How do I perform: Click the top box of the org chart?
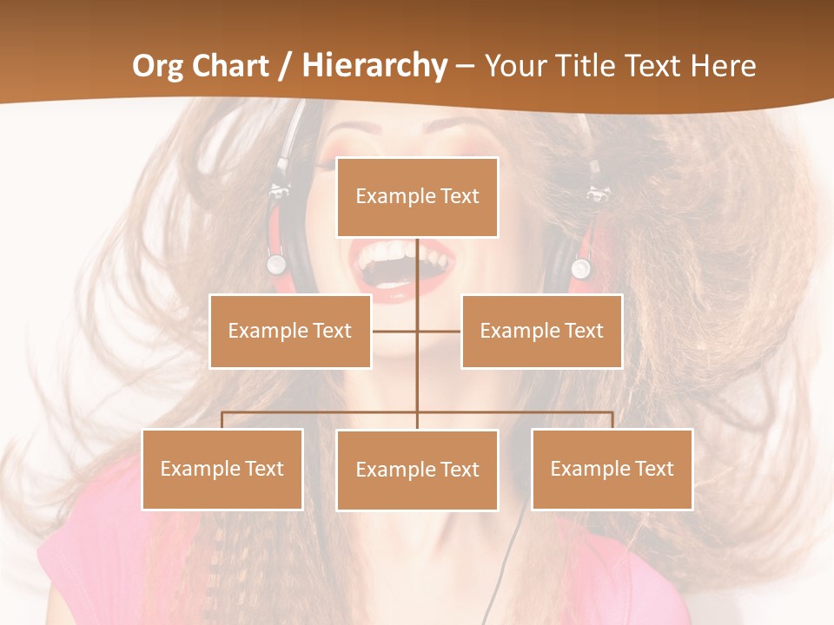click(417, 197)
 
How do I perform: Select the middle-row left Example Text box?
click(289, 331)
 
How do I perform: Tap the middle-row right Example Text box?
click(541, 331)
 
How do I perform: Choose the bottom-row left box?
click(222, 469)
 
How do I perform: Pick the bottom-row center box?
click(417, 470)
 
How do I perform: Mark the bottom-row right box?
click(612, 469)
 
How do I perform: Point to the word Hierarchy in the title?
click(374, 66)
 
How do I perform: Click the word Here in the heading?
click(720, 66)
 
